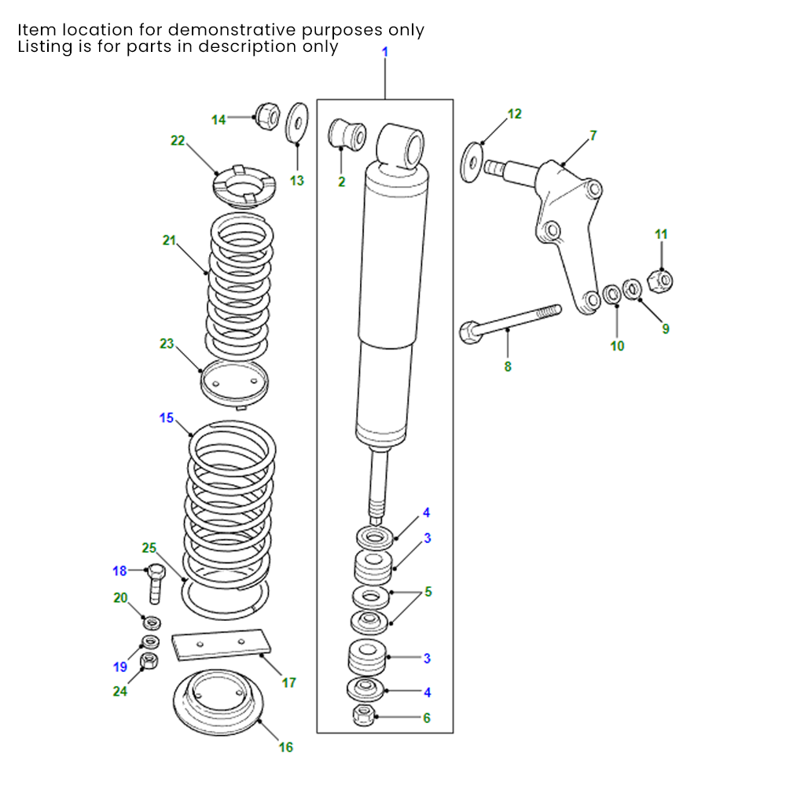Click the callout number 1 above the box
point(385,52)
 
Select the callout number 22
point(178,141)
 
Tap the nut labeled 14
point(266,116)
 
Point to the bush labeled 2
point(347,133)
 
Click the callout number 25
point(149,547)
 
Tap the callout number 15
point(167,418)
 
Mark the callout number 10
point(617,345)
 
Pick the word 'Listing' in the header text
point(45,46)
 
